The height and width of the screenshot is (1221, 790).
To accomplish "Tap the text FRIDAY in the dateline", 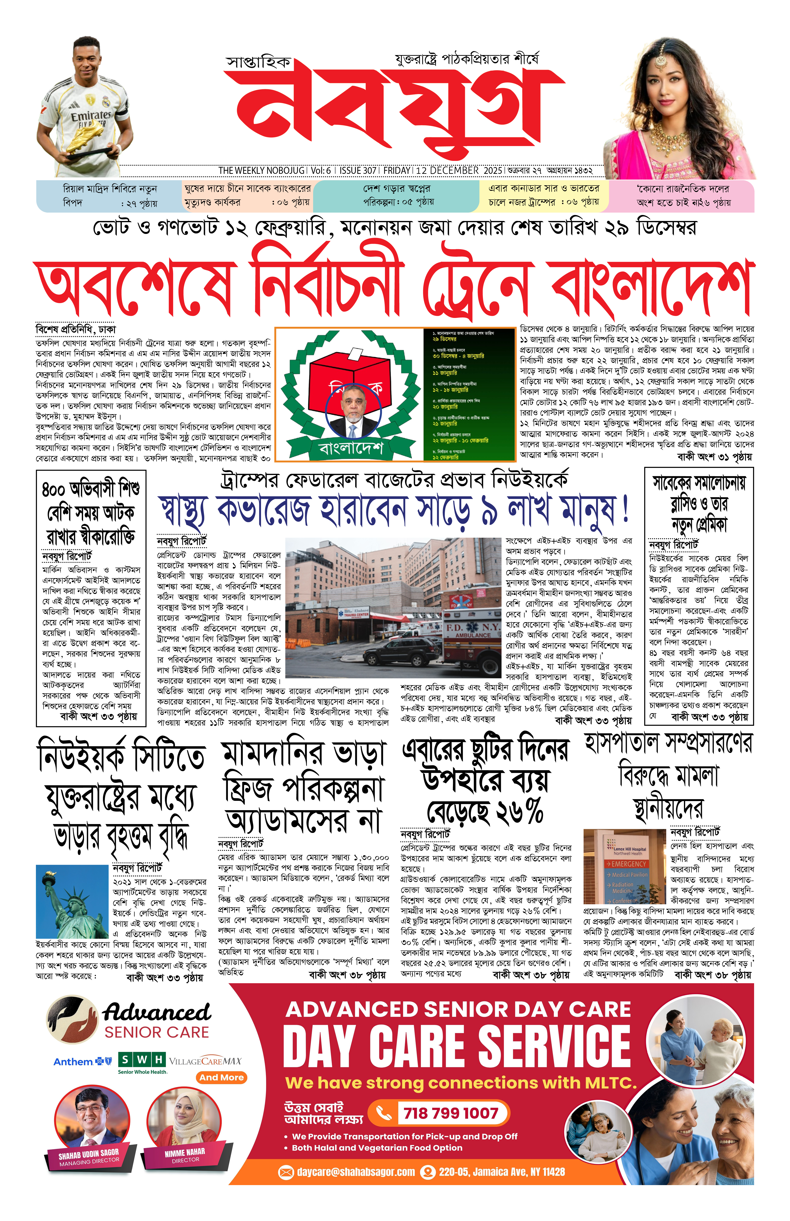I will pos(396,170).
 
